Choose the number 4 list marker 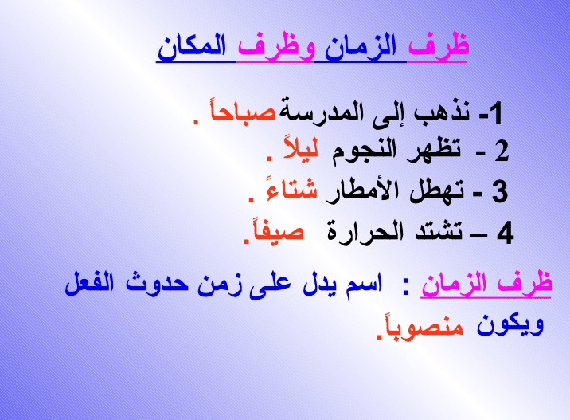point(505,234)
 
